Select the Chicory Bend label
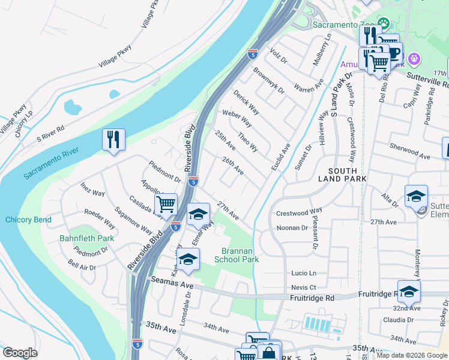pyautogui.click(x=28, y=220)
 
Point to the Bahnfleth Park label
pyautogui.click(x=86, y=238)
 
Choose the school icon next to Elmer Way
pyautogui.click(x=199, y=214)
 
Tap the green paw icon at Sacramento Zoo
pyautogui.click(x=383, y=24)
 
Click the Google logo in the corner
pyautogui.click(x=20, y=353)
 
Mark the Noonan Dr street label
pyautogui.click(x=292, y=228)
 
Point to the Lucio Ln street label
pyautogui.click(x=304, y=273)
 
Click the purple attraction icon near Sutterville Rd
pyautogui.click(x=413, y=59)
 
